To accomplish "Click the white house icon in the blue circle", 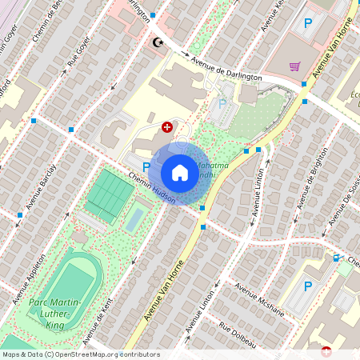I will coord(180,172).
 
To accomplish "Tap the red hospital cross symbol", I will coord(167,126).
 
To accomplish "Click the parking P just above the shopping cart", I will coord(307,25).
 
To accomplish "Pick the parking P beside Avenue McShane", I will coord(308,286).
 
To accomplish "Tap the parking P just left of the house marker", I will coord(146,166).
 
